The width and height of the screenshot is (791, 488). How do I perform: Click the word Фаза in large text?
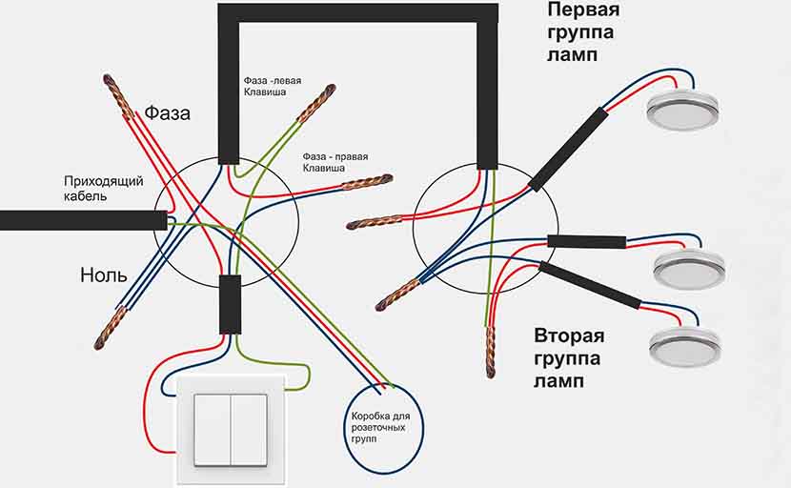(x=168, y=113)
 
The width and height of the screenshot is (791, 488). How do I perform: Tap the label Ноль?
(x=104, y=275)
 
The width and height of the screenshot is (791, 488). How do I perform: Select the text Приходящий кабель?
(x=104, y=188)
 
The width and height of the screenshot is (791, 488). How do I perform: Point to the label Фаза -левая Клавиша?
(x=273, y=87)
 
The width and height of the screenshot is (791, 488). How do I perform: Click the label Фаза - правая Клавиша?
(x=335, y=162)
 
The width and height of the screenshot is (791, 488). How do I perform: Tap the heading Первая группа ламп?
(x=582, y=31)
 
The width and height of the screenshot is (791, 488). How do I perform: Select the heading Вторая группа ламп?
(x=569, y=357)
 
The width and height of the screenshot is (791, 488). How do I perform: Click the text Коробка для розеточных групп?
(x=380, y=427)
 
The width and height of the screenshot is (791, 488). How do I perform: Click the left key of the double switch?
(x=213, y=431)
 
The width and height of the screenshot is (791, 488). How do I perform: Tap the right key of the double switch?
(x=249, y=431)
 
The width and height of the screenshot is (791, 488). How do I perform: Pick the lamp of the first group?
(x=683, y=109)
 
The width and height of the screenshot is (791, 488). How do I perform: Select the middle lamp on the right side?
(x=689, y=269)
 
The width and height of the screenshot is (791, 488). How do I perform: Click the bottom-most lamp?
(x=684, y=346)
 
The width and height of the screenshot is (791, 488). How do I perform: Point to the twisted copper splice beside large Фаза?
(x=119, y=95)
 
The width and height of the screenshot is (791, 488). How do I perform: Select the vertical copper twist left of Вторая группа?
(x=490, y=352)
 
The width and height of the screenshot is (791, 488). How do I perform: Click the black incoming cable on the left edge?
(x=83, y=220)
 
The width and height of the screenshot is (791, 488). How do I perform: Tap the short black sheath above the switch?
(x=230, y=304)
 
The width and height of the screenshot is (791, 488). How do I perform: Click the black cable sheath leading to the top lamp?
(x=568, y=150)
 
